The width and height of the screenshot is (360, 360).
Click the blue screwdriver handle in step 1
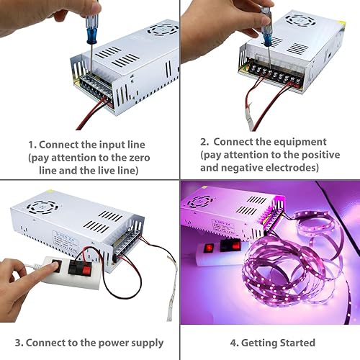(92, 32)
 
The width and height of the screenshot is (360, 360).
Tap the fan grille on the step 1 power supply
(162, 30)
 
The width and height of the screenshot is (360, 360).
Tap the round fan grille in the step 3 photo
(38, 209)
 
